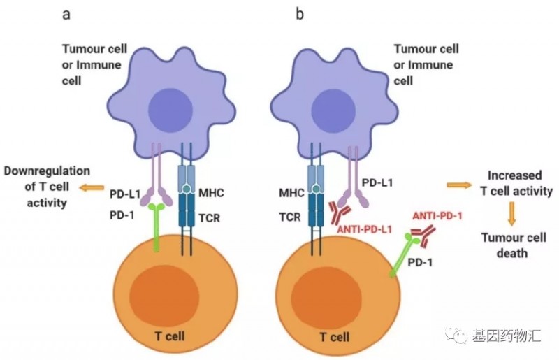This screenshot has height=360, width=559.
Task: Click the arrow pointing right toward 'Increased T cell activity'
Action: [x=459, y=185]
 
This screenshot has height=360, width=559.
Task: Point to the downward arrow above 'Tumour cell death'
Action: [x=511, y=213]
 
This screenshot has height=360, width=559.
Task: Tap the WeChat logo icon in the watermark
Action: [x=459, y=337]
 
